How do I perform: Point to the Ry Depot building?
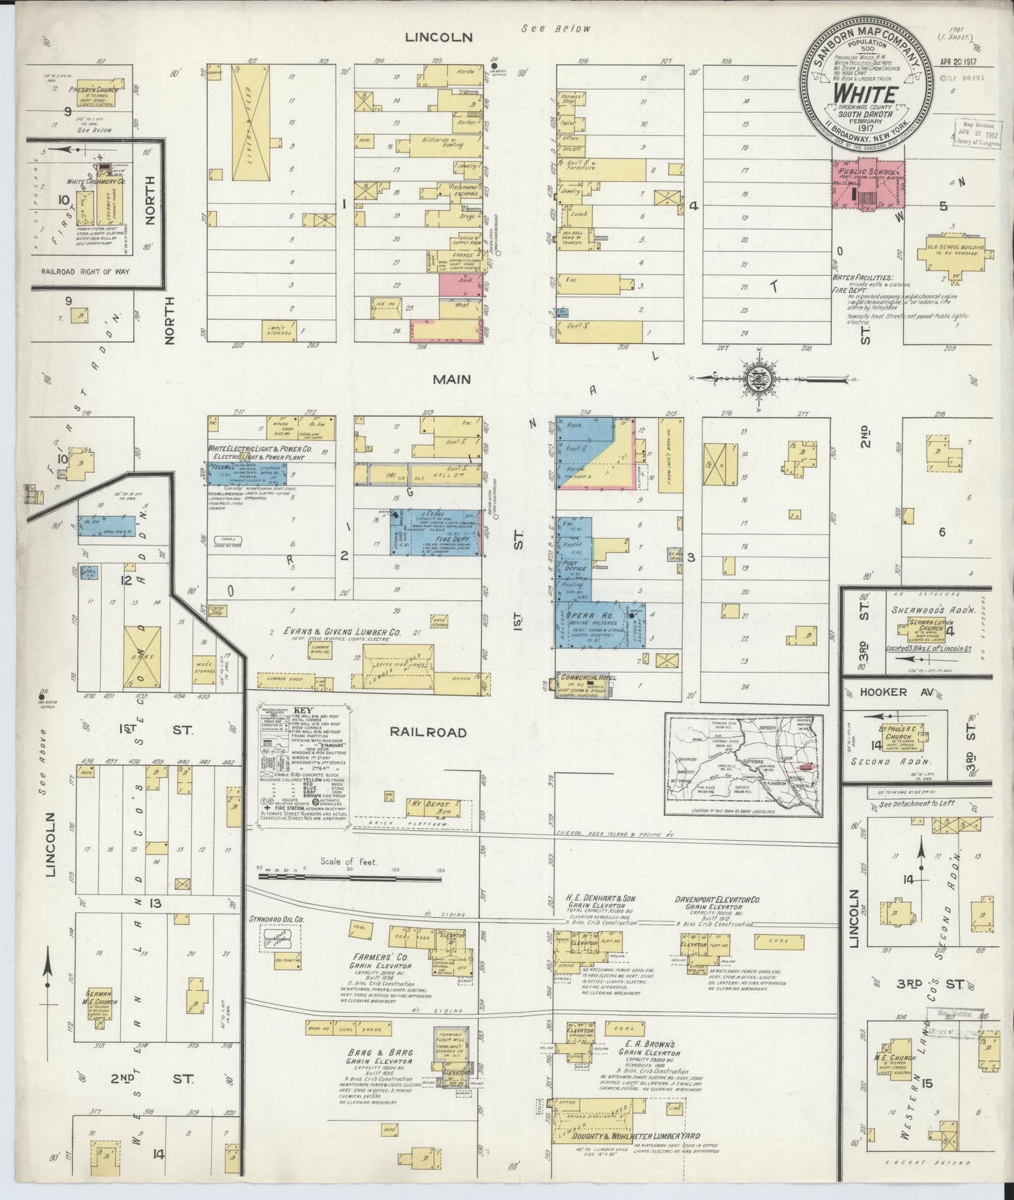(435, 809)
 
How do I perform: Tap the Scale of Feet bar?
(351, 876)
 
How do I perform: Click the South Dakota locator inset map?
(744, 765)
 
